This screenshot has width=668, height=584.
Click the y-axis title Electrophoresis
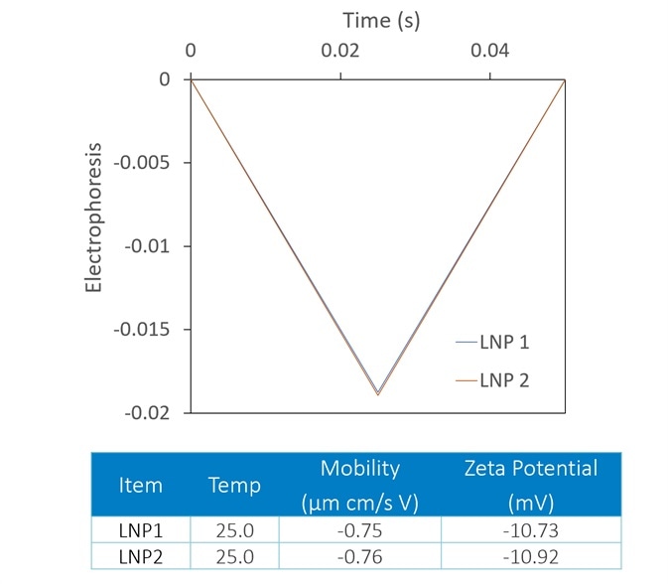[x=94, y=217]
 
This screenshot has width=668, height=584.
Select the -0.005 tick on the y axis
[x=149, y=162]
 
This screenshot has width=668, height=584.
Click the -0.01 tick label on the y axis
[x=154, y=245]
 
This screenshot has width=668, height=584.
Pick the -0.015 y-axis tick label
[x=149, y=329]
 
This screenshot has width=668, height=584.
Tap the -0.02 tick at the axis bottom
[x=154, y=412]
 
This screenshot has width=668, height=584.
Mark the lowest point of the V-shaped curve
[x=377, y=394]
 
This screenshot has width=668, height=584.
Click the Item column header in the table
[x=140, y=485]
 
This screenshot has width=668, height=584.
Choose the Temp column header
[x=234, y=485]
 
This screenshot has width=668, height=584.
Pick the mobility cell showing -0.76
[x=358, y=554]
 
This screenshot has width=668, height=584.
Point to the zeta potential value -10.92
[x=530, y=554]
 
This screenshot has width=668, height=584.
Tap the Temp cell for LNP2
[x=234, y=554]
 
